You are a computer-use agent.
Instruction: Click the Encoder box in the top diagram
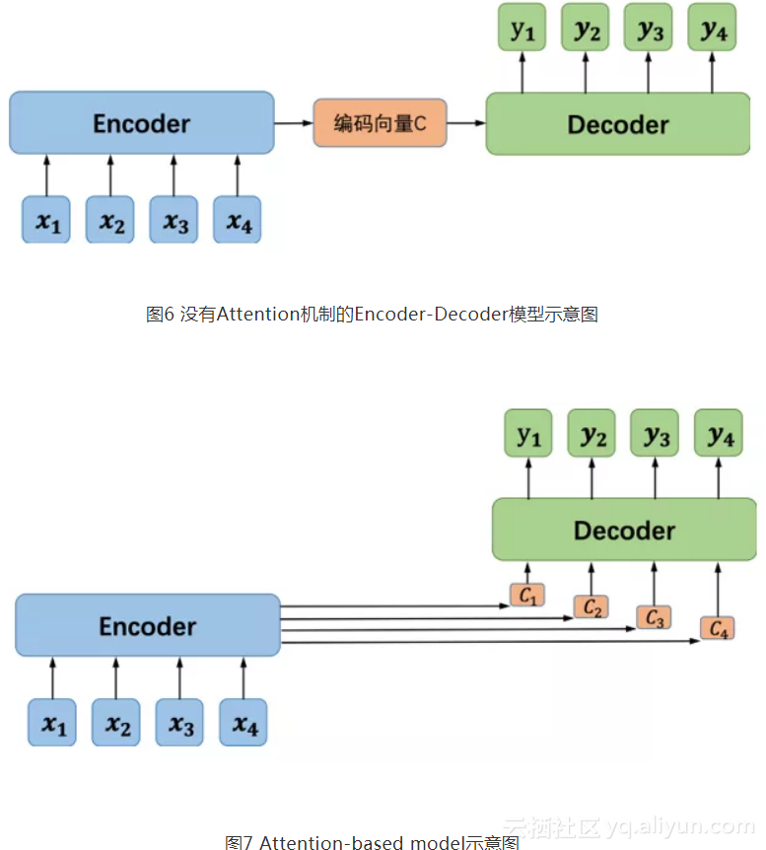coord(141,123)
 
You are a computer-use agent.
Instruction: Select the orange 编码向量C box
coord(380,123)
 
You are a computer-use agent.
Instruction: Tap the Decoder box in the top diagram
coord(618,124)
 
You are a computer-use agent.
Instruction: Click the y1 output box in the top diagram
coord(522,29)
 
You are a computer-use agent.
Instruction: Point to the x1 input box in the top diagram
coord(47,220)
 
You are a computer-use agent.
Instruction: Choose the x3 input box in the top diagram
coord(174,220)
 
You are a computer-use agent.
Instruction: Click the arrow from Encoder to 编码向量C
coord(293,123)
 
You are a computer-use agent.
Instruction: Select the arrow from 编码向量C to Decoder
coord(466,123)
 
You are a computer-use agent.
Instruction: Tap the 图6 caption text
coord(372,315)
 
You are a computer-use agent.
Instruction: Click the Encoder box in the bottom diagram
coord(148,626)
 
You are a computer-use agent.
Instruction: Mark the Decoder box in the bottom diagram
coord(624,531)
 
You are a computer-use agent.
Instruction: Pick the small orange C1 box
coord(527,595)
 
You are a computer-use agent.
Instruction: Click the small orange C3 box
coord(654,617)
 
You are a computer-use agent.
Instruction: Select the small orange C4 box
coord(718,628)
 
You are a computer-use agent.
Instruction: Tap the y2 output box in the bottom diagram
coord(592,435)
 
